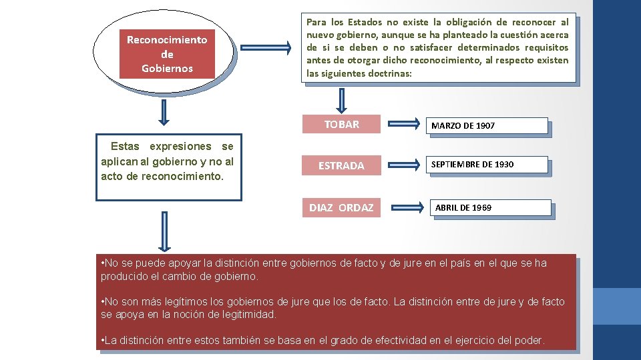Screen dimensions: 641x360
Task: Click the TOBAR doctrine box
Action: pyautogui.click(x=341, y=124)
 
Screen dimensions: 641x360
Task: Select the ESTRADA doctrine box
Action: pyautogui.click(x=341, y=165)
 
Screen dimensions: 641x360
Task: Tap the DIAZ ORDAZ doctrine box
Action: pyautogui.click(x=341, y=207)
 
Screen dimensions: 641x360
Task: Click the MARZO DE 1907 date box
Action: pyautogui.click(x=487, y=126)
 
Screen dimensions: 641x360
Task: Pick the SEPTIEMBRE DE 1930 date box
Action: pyautogui.click(x=488, y=165)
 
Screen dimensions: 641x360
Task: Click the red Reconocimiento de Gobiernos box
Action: pyautogui.click(x=167, y=54)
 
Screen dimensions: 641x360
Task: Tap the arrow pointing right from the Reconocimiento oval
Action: pyautogui.click(x=264, y=48)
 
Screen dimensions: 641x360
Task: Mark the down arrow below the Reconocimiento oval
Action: pyautogui.click(x=163, y=113)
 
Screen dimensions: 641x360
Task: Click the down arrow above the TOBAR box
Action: pyautogui.click(x=342, y=99)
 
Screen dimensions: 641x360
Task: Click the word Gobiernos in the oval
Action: pyautogui.click(x=167, y=68)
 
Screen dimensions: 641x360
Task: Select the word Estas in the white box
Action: pyautogui.click(x=125, y=146)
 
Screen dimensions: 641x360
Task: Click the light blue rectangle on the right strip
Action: pyautogui.click(x=617, y=306)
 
